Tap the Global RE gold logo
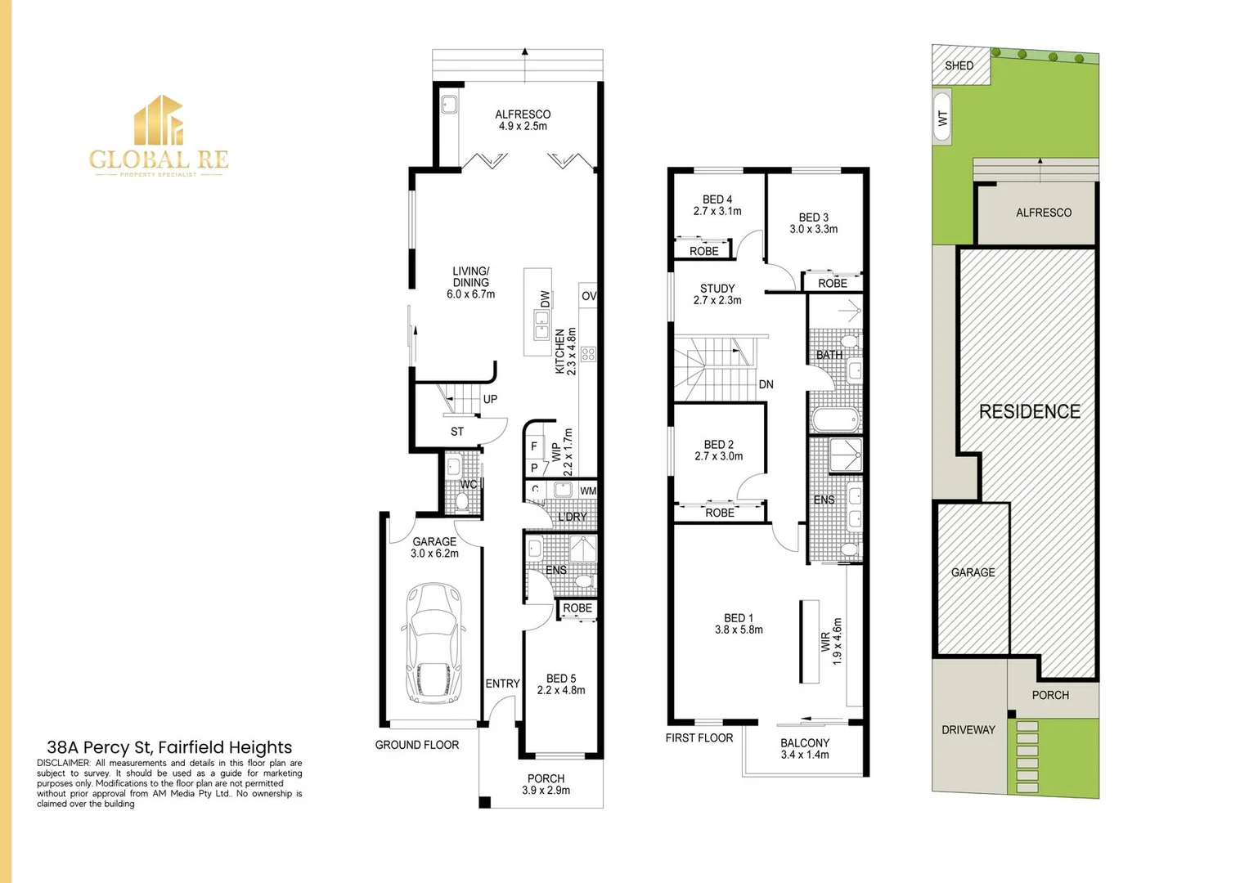(159, 136)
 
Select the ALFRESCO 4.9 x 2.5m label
(523, 120)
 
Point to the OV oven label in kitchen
(589, 296)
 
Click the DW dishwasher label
(546, 299)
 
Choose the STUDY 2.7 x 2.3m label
(717, 294)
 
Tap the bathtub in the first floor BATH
(836, 419)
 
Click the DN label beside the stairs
(766, 384)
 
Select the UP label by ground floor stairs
(490, 399)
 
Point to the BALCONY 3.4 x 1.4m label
(805, 749)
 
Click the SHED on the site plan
(960, 65)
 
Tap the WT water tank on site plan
(941, 118)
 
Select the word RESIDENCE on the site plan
(1029, 411)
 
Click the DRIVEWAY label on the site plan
(968, 729)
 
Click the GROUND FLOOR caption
(417, 745)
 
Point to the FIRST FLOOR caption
(699, 737)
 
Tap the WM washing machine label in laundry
(588, 491)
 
